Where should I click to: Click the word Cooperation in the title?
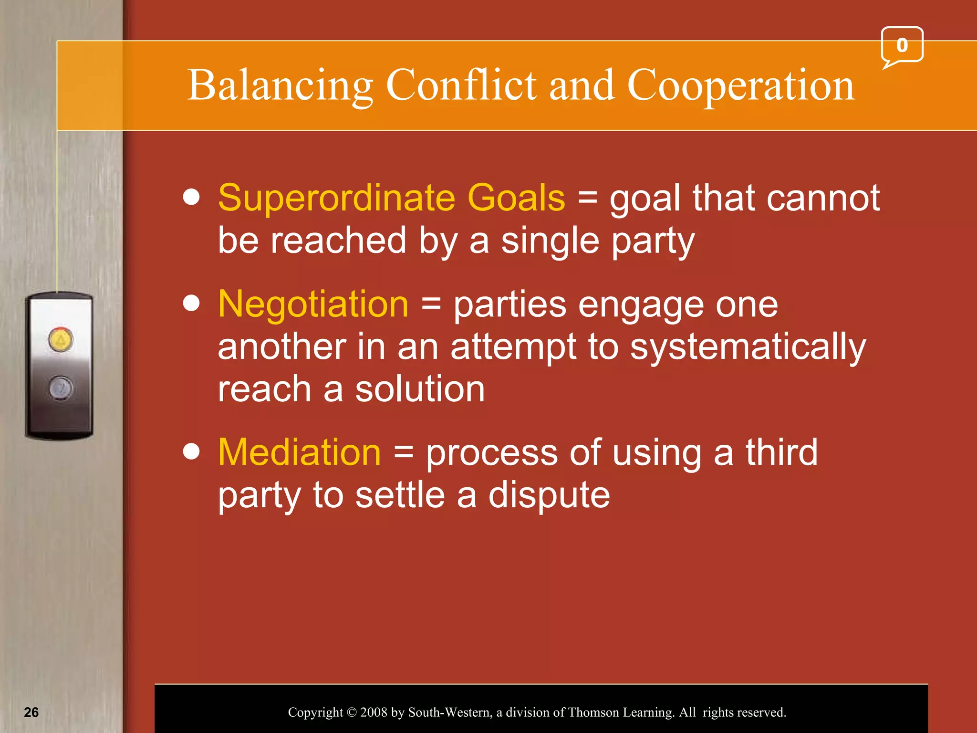[740, 86]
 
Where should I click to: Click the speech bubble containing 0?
[902, 45]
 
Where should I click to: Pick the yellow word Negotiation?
[313, 304]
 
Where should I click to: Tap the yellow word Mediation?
[300, 452]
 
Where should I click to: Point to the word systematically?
[748, 347]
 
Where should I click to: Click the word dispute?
[549, 495]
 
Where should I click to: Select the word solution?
[420, 389]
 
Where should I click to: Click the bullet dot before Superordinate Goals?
[191, 197]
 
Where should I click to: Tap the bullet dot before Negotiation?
[191, 303]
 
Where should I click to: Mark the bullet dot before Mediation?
[191, 451]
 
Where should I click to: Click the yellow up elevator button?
[60, 340]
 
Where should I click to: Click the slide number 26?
[31, 712]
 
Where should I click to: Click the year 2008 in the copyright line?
[374, 712]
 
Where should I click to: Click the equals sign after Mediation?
[404, 452]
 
